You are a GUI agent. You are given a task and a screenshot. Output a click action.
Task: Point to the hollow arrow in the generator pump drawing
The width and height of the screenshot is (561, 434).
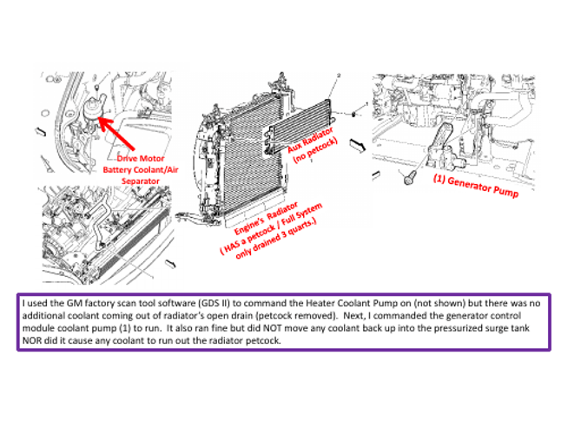click(x=385, y=132)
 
